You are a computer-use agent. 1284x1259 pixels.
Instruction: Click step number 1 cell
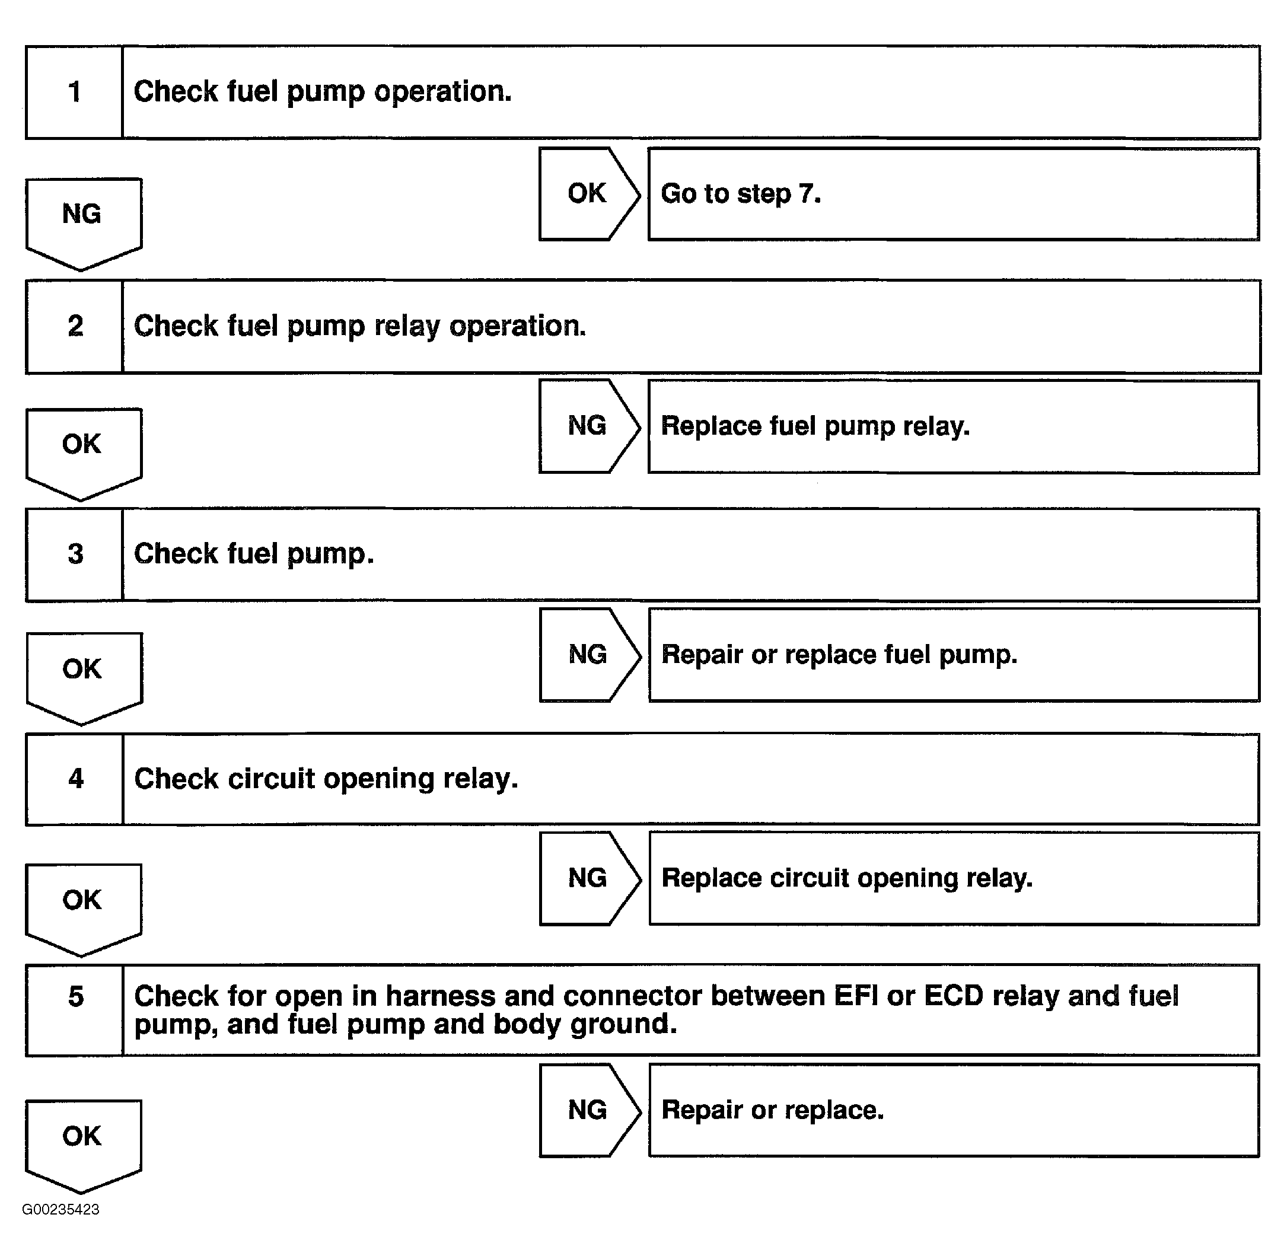pos(74,92)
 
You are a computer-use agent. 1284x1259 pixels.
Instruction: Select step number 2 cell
pos(75,326)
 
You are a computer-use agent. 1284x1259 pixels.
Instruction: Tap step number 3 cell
pos(75,554)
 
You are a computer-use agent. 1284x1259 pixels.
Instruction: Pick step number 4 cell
pos(75,778)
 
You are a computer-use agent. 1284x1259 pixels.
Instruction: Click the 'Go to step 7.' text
pos(741,194)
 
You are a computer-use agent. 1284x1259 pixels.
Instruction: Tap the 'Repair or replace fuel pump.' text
pos(839,655)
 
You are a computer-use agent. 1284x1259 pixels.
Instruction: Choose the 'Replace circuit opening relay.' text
pos(847,878)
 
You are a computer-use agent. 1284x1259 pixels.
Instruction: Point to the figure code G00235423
pos(61,1209)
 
